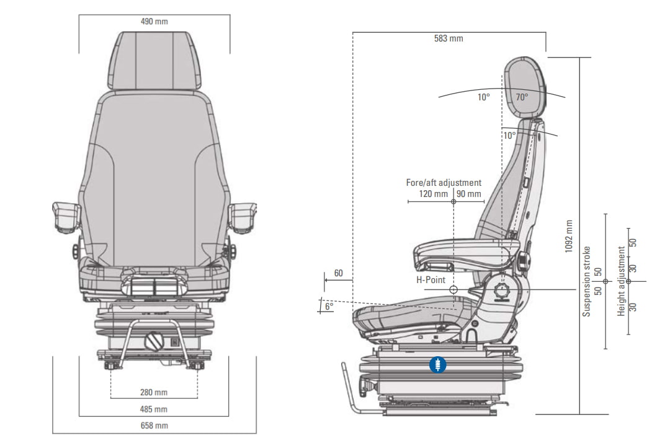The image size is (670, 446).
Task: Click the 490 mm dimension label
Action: [154, 22]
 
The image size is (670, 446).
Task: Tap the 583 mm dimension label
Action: [449, 38]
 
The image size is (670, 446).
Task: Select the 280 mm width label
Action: [154, 392]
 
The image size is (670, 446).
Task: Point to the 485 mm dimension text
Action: [154, 409]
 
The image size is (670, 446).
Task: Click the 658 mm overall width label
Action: [154, 426]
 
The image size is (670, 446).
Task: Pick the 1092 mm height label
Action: [569, 236]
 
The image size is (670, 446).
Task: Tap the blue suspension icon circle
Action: [438, 365]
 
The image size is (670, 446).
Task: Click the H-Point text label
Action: [431, 280]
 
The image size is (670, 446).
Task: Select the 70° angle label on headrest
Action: [522, 97]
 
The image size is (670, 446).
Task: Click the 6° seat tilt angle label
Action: [329, 305]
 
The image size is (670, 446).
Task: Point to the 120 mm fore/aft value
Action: [434, 194]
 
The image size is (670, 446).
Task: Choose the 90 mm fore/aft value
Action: [469, 194]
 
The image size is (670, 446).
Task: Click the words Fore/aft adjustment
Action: [444, 183]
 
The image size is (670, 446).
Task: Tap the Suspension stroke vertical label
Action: [587, 282]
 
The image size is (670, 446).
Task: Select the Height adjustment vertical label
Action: [622, 282]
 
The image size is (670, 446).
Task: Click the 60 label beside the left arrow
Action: [338, 273]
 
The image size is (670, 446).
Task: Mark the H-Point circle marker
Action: [453, 289]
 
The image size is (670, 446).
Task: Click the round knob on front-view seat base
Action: [154, 340]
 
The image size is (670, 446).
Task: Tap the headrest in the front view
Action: [154, 61]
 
